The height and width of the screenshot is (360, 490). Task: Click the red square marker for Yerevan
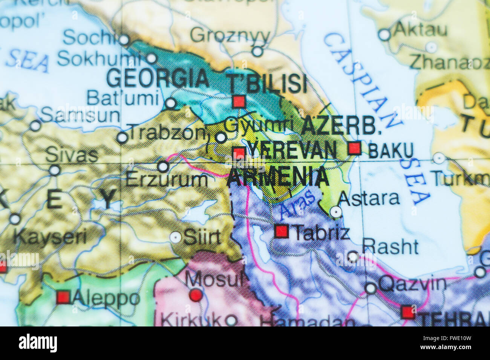click(239, 154)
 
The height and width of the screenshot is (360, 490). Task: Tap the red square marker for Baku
click(354, 148)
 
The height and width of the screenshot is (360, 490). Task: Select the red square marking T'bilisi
click(239, 101)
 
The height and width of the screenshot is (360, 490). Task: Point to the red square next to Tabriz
click(281, 231)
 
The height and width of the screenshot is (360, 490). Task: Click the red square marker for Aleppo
click(63, 297)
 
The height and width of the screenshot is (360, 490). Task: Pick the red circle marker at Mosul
click(196, 295)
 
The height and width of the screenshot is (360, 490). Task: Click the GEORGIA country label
click(158, 78)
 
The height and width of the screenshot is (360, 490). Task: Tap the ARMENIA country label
click(278, 177)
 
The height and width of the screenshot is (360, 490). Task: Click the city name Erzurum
click(166, 180)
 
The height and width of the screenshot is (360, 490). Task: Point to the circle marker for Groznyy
click(257, 51)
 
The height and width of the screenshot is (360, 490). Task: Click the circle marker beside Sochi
click(124, 40)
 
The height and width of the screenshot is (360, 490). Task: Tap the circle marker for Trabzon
click(122, 137)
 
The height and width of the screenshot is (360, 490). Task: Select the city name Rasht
click(390, 247)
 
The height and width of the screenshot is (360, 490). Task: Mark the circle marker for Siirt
click(175, 237)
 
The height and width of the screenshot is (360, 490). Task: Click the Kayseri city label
click(50, 237)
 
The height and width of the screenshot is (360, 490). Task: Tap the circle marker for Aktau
click(384, 35)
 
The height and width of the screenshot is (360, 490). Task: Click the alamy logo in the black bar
click(38, 343)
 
